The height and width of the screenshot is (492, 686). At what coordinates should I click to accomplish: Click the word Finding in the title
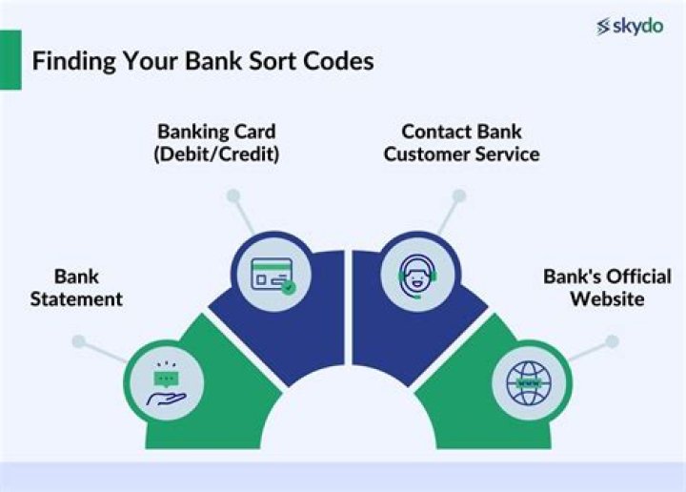(70, 61)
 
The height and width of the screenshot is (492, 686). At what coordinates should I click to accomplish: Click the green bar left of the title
(10, 59)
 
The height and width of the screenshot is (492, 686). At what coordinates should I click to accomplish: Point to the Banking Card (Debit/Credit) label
(218, 143)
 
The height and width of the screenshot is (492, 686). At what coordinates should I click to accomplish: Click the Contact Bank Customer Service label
(461, 143)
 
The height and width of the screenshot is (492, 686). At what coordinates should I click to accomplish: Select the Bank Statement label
(76, 288)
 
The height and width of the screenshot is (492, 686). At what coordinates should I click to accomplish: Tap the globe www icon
(528, 382)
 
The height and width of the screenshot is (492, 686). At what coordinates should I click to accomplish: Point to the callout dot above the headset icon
(458, 195)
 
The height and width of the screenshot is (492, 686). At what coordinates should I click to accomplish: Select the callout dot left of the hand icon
(79, 340)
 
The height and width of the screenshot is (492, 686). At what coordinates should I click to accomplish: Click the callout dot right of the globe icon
(612, 340)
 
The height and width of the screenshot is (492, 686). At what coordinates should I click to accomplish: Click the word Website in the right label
(607, 299)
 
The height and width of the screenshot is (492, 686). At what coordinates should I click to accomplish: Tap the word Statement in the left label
(76, 299)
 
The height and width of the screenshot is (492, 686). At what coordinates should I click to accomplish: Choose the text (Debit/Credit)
(218, 154)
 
